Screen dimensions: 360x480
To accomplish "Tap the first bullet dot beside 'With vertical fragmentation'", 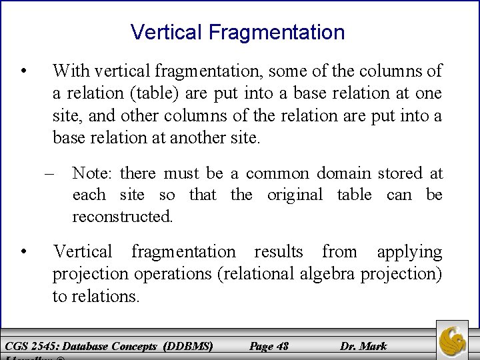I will coord(23,70).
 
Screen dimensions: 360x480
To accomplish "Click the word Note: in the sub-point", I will coord(93,174).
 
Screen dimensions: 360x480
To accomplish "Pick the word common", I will coord(277,174).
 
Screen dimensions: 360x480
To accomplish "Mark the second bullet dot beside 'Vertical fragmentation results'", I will coord(23,252).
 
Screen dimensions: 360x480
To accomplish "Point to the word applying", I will coord(409,252).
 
